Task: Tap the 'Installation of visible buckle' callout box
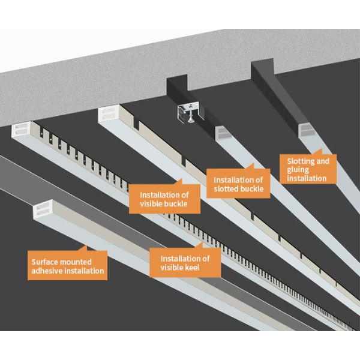click(x=164, y=199)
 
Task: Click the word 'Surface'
click(x=44, y=261)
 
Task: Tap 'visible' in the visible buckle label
click(x=151, y=203)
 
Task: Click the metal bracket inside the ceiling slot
click(x=189, y=112)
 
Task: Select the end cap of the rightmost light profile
click(x=306, y=128)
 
